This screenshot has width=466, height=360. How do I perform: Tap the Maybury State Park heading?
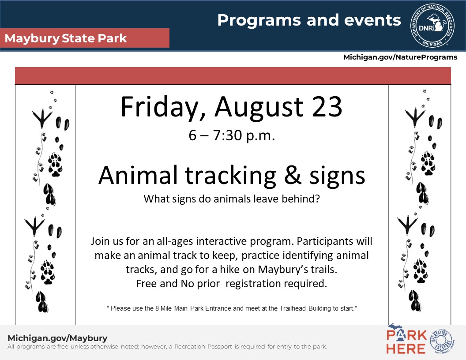coord(66,38)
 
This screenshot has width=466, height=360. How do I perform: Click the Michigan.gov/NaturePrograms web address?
coord(400,57)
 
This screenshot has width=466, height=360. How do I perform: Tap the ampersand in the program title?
coord(293,175)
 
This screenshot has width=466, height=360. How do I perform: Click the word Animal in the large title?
coord(138,175)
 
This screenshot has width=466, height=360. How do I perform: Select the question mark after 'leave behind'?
coord(317,199)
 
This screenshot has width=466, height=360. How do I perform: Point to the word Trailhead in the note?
coord(293,308)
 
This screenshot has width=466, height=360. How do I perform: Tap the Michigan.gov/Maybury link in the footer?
coord(57,338)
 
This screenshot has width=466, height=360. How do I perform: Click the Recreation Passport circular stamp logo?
coord(442,341)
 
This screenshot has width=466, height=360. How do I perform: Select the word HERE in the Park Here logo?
coord(406,349)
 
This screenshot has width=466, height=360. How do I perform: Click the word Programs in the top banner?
coord(259,20)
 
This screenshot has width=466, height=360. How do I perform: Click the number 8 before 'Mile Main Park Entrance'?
coord(157,308)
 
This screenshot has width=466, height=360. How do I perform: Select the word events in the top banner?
coord(372,20)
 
